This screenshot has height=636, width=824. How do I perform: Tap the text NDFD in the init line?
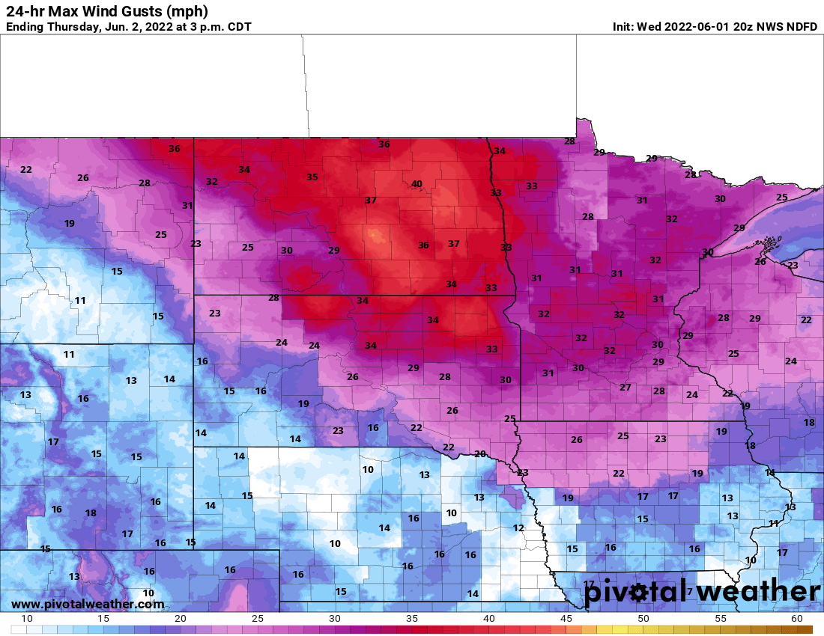(x=801, y=27)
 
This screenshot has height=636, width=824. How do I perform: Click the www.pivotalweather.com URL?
(x=88, y=604)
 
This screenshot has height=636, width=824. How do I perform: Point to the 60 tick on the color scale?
(x=796, y=619)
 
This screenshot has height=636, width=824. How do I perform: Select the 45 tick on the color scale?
(x=566, y=619)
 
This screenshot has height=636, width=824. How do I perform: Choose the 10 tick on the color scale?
(x=27, y=619)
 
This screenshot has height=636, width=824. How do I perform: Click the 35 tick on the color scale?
(x=411, y=619)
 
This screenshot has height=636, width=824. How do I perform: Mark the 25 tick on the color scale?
(x=258, y=619)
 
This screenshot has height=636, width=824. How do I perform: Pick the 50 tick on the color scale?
(x=643, y=619)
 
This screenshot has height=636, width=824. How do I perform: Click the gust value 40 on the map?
(x=417, y=184)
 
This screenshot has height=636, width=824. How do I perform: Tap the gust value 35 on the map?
(x=312, y=177)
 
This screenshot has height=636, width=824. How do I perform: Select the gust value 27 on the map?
(x=625, y=387)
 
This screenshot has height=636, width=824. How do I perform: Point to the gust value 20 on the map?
(x=480, y=454)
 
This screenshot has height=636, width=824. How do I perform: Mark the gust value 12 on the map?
(x=518, y=528)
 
